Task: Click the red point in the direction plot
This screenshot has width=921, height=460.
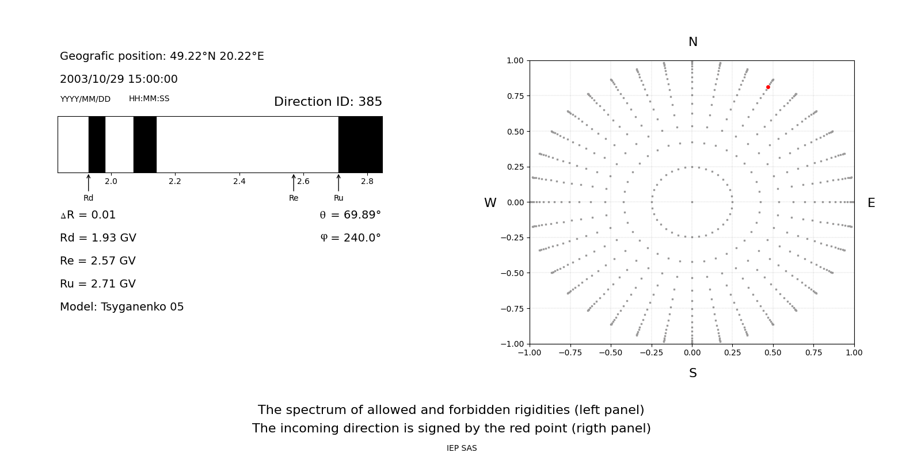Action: tap(768, 87)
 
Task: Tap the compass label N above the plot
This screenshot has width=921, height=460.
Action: tap(693, 42)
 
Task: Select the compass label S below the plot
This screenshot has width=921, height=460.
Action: tap(693, 373)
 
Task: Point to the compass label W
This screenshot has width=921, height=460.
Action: tap(490, 203)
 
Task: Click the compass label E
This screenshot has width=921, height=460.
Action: tap(871, 203)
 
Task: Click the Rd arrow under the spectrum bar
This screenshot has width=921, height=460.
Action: tap(89, 183)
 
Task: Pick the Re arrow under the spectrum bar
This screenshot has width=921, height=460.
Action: tap(294, 183)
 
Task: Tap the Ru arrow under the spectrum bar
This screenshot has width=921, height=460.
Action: tap(338, 183)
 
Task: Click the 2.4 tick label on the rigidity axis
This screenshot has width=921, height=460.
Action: tap(239, 181)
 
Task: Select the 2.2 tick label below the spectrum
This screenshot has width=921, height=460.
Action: tap(175, 181)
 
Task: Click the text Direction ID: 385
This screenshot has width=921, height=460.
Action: tap(328, 102)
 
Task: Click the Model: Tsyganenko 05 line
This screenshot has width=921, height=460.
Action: tap(122, 307)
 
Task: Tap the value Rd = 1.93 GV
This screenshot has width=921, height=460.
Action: tap(98, 238)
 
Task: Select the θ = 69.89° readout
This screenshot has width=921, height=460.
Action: tap(350, 215)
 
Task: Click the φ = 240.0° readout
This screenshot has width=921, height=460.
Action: tap(350, 238)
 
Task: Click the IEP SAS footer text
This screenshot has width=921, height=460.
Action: tap(462, 448)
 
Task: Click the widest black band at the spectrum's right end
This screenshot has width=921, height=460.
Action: tap(360, 144)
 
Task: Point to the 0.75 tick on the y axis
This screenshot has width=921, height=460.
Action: tap(515, 96)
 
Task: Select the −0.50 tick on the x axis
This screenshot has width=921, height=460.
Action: tap(611, 352)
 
